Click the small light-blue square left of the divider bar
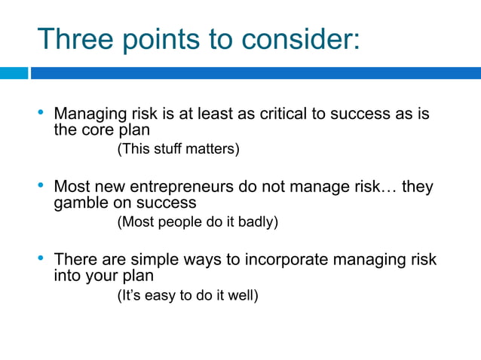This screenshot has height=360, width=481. pos(14,73)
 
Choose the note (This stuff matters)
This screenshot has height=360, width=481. pos(178,150)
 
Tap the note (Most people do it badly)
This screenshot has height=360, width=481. pos(198,222)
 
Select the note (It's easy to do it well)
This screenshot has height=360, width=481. pos(188,295)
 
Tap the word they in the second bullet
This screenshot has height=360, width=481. pos(417,187)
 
